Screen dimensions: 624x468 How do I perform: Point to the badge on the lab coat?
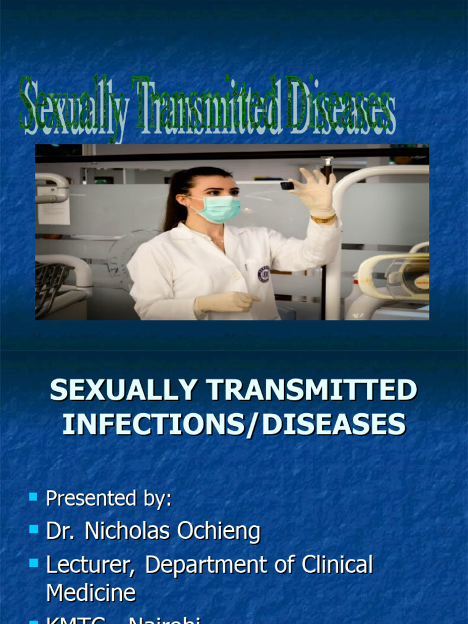pos(263,274)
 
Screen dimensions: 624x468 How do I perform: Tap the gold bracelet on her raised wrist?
pos(323,219)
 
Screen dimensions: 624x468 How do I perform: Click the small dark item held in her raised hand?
pos(286,185)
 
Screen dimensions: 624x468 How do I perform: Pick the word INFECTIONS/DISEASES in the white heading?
pos(234,424)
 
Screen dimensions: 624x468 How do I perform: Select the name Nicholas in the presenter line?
pos(127,531)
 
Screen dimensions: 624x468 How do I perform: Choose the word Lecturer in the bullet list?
pos(90,565)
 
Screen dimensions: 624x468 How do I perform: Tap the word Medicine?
pos(91,593)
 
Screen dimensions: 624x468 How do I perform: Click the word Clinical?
pos(337,564)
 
